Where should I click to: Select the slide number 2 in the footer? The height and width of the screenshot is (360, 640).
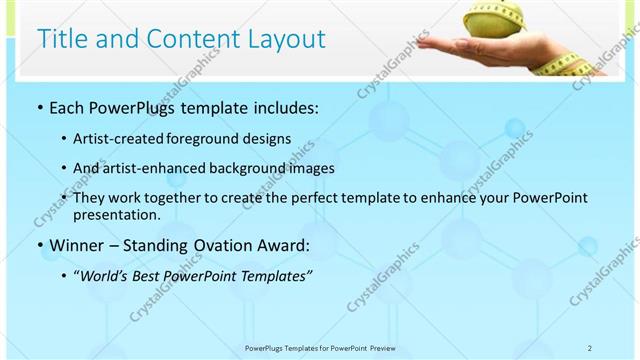click(x=590, y=347)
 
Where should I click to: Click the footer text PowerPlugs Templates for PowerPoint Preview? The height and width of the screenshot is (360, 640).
click(x=319, y=347)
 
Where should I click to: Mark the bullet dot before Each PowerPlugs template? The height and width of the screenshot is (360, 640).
click(x=39, y=108)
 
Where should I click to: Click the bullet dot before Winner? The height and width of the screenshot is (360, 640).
click(x=39, y=245)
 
